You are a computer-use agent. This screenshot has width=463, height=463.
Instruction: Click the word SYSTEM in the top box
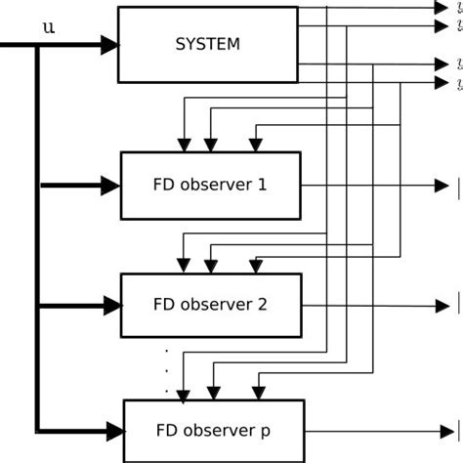point(207,44)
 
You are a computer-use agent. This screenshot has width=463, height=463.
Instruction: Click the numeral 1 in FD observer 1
point(261,184)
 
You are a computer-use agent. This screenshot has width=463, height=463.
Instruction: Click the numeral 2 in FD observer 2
point(262,304)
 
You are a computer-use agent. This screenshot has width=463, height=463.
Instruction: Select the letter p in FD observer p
point(265,430)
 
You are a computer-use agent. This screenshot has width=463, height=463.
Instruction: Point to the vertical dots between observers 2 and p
point(167,369)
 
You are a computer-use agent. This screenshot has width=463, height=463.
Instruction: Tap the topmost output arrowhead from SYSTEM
point(440,8)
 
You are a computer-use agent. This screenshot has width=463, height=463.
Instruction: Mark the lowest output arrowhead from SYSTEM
point(440,82)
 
